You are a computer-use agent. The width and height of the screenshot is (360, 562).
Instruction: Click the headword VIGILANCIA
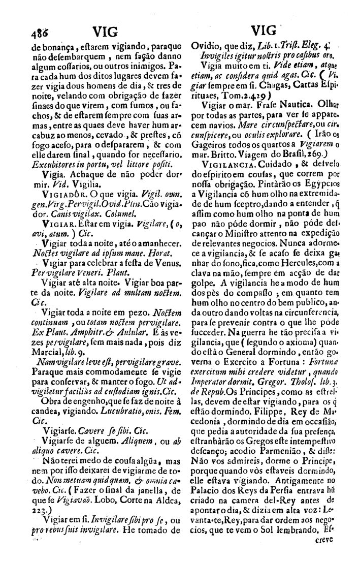(226, 165)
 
